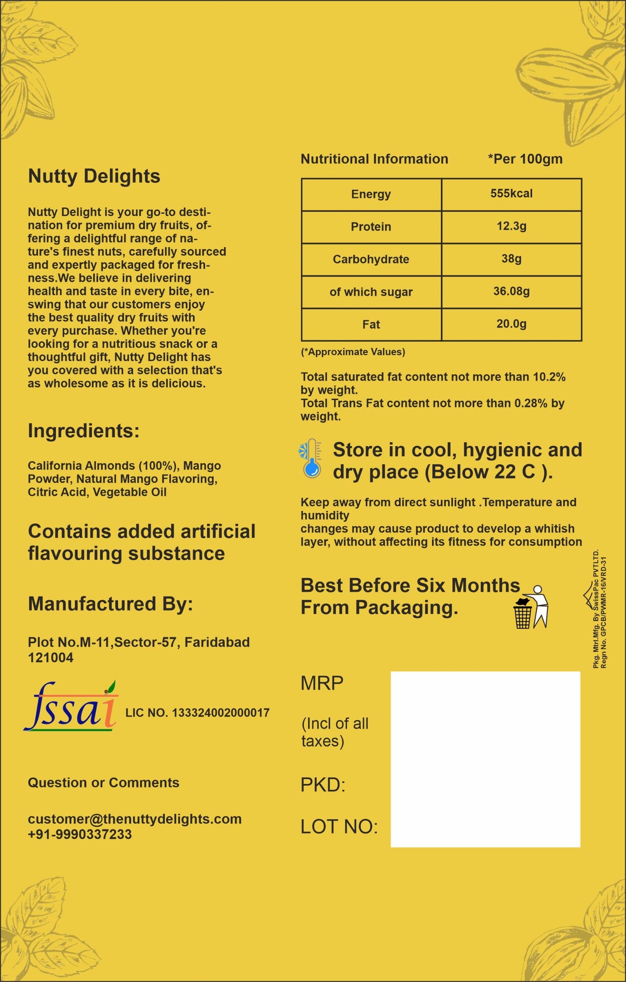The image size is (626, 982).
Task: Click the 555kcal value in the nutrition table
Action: tap(511, 194)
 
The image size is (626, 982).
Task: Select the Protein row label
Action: tap(371, 227)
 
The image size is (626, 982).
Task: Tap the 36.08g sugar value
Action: tap(511, 292)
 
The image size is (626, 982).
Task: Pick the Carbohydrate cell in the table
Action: tap(371, 259)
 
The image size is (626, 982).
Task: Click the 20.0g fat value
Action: tap(511, 324)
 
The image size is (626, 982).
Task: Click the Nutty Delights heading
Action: tap(94, 176)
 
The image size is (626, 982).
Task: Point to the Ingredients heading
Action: tap(84, 431)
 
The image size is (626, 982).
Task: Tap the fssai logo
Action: tap(71, 707)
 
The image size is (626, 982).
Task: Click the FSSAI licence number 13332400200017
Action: tap(220, 713)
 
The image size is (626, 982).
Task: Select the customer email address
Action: tap(134, 819)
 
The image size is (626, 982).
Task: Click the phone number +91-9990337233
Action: tap(80, 834)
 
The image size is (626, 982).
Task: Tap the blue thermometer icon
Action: tap(311, 458)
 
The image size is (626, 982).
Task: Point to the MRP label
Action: tap(322, 683)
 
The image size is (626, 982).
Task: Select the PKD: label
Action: tap(323, 785)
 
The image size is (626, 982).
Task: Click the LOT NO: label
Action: tap(339, 827)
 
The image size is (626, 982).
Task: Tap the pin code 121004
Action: tap(51, 658)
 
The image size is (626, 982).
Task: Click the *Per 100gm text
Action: tap(525, 159)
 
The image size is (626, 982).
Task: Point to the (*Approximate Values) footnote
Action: tap(353, 352)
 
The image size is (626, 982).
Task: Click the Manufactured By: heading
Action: tap(111, 604)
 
